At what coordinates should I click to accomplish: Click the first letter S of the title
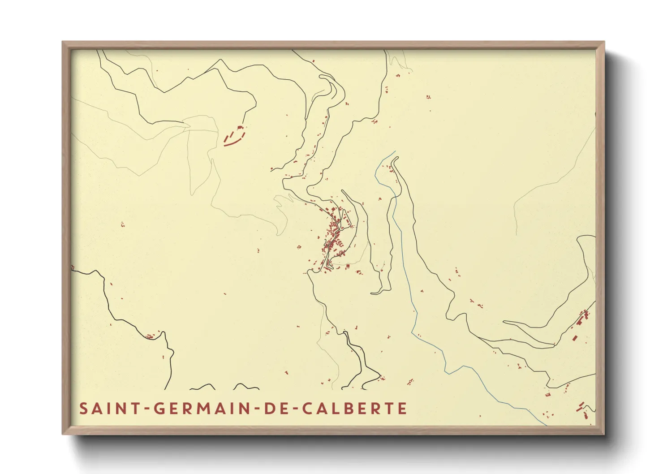tap(83, 409)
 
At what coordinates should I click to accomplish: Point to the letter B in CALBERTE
tap(349, 409)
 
